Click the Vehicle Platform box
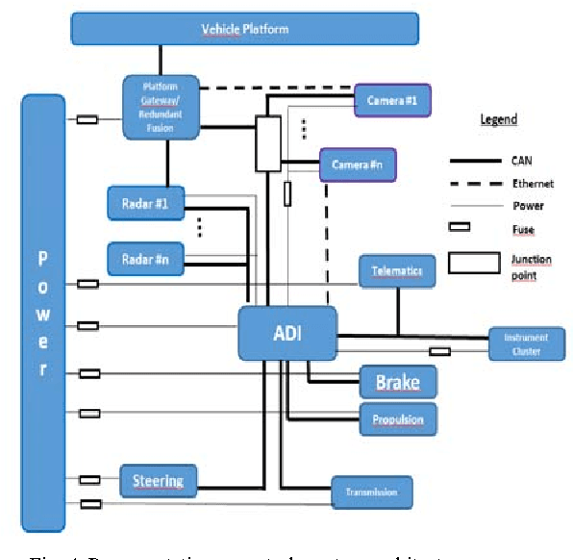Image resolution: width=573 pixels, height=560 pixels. [244, 28]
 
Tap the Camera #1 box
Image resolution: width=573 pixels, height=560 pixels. [392, 100]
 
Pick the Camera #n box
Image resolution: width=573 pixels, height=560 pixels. [358, 165]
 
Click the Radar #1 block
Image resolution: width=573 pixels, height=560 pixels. [144, 203]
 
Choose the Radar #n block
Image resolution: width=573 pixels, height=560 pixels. [144, 259]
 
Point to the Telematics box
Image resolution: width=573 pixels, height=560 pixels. [397, 271]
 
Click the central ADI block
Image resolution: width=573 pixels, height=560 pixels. [287, 333]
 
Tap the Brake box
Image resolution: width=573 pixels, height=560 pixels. [397, 382]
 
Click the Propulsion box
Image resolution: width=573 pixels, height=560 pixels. [397, 419]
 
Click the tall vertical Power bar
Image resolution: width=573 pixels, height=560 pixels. [42, 313]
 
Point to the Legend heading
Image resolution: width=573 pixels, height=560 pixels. [498, 119]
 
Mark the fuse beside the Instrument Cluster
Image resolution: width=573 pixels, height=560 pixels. [439, 352]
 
